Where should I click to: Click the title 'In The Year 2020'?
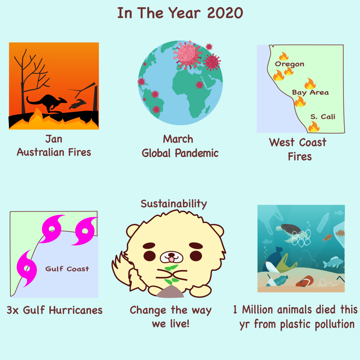(x=180, y=13)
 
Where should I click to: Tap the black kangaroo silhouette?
(x=47, y=103)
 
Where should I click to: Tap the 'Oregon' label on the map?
(x=289, y=64)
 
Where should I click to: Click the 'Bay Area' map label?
(x=310, y=92)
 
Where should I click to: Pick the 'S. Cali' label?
(x=323, y=117)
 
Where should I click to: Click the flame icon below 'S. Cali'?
(x=314, y=126)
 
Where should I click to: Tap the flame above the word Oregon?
(x=284, y=56)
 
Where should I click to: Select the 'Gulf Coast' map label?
(x=67, y=269)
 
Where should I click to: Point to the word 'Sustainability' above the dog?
(x=174, y=204)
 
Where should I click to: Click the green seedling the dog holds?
(x=171, y=275)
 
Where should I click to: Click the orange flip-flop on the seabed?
(x=305, y=282)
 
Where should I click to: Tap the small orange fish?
(x=328, y=238)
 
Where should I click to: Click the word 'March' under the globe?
(x=178, y=139)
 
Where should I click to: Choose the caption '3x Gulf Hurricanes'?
(x=55, y=310)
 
